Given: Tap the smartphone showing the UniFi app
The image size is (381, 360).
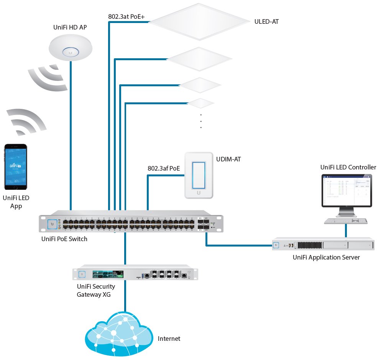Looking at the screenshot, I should (x=16, y=167).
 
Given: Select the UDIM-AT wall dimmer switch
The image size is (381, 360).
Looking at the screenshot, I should (x=198, y=175).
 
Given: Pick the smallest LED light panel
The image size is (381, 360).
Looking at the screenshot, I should (x=200, y=103).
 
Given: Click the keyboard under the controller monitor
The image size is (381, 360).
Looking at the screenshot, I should (x=346, y=221).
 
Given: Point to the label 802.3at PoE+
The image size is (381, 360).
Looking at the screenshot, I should (x=126, y=16).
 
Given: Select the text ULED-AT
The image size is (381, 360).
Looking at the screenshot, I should (x=266, y=22).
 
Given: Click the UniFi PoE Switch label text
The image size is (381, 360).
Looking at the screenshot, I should (x=64, y=239).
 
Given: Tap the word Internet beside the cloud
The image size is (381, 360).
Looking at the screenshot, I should (x=169, y=339).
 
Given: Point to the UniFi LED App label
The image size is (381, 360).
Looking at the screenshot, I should (x=16, y=202).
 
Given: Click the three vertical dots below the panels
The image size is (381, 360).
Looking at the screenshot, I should (x=201, y=121).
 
